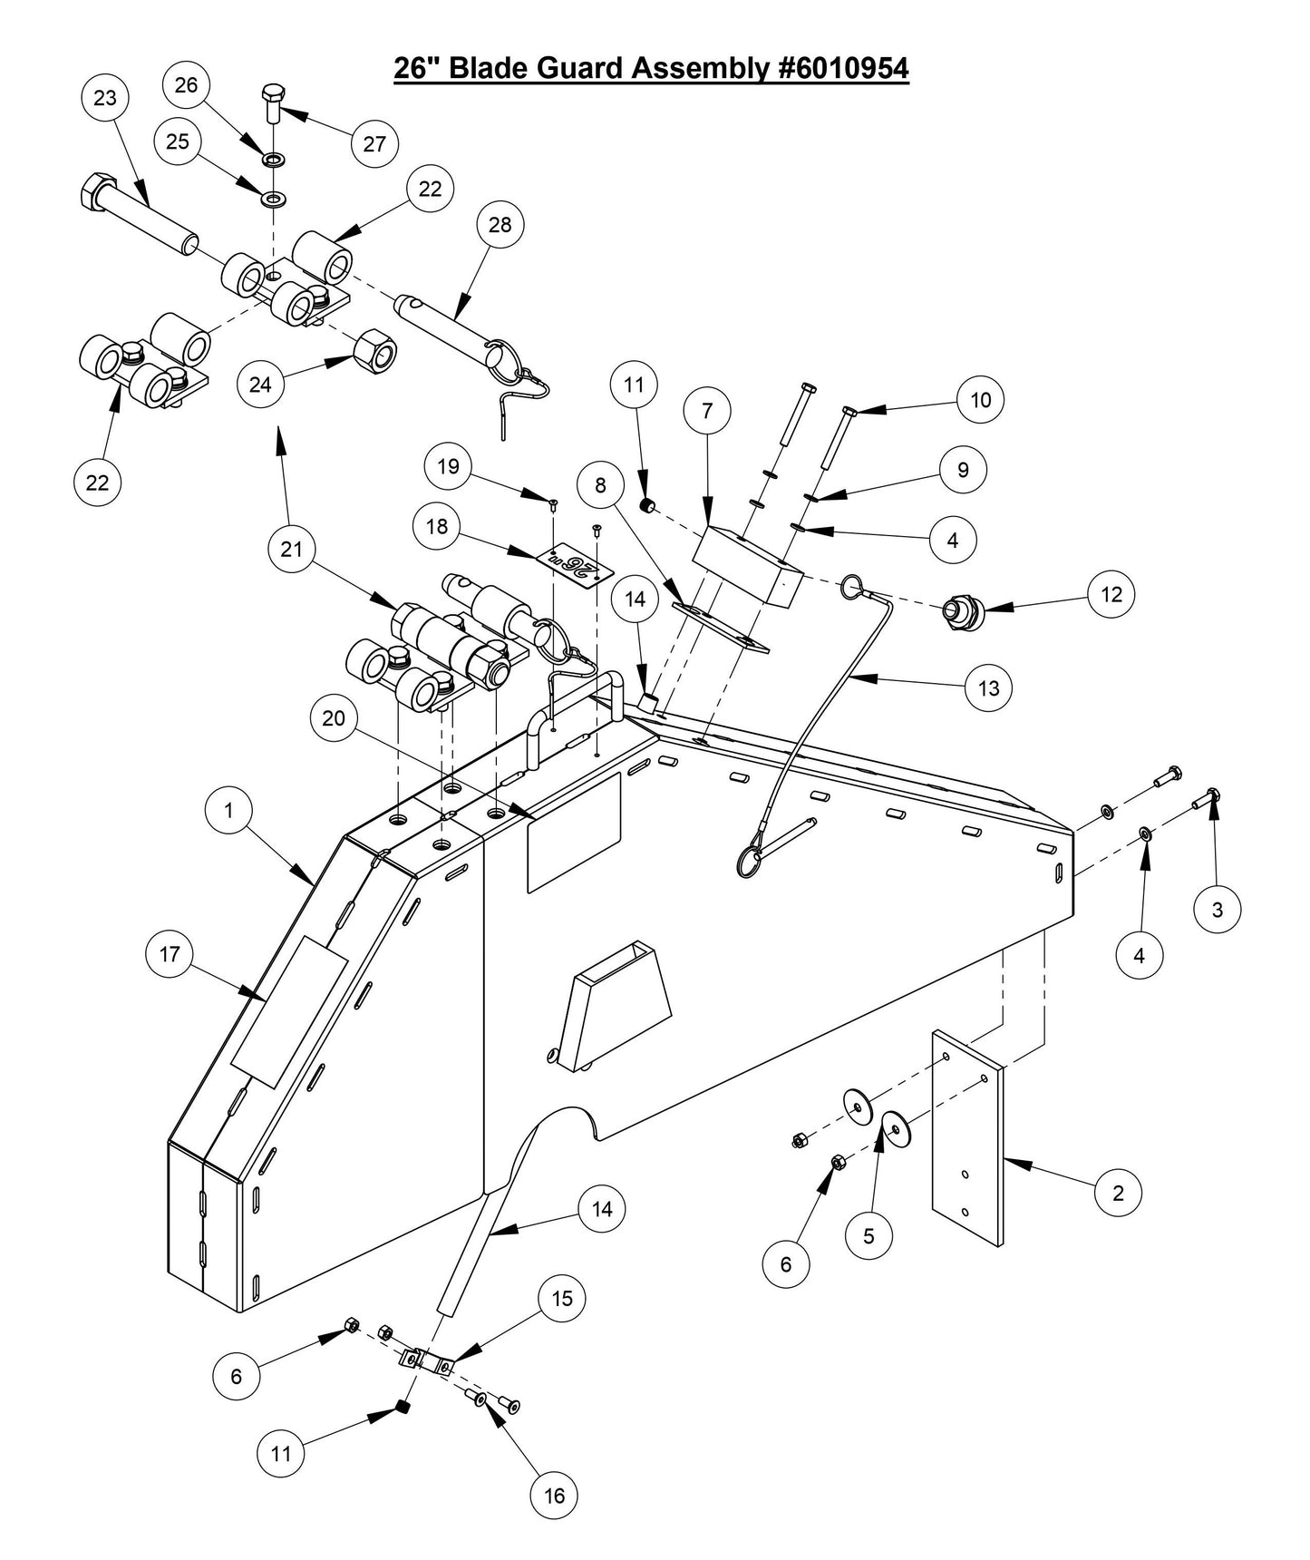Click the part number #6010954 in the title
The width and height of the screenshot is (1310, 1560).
tap(842, 68)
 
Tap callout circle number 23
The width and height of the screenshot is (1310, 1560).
tap(105, 97)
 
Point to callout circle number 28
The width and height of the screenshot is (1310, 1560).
tap(500, 224)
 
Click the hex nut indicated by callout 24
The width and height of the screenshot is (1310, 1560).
tap(374, 347)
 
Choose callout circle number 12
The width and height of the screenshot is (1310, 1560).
tap(1111, 594)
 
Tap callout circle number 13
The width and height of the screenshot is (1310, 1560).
tap(988, 687)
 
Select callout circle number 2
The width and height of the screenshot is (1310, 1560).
tap(1117, 1193)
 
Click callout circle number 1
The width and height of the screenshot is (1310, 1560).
tap(228, 810)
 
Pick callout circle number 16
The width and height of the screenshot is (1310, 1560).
tap(554, 1495)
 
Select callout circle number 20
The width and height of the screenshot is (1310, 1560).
tap(334, 717)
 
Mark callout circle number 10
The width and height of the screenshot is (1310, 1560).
tap(981, 399)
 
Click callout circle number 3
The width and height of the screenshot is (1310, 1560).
tap(1217, 908)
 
